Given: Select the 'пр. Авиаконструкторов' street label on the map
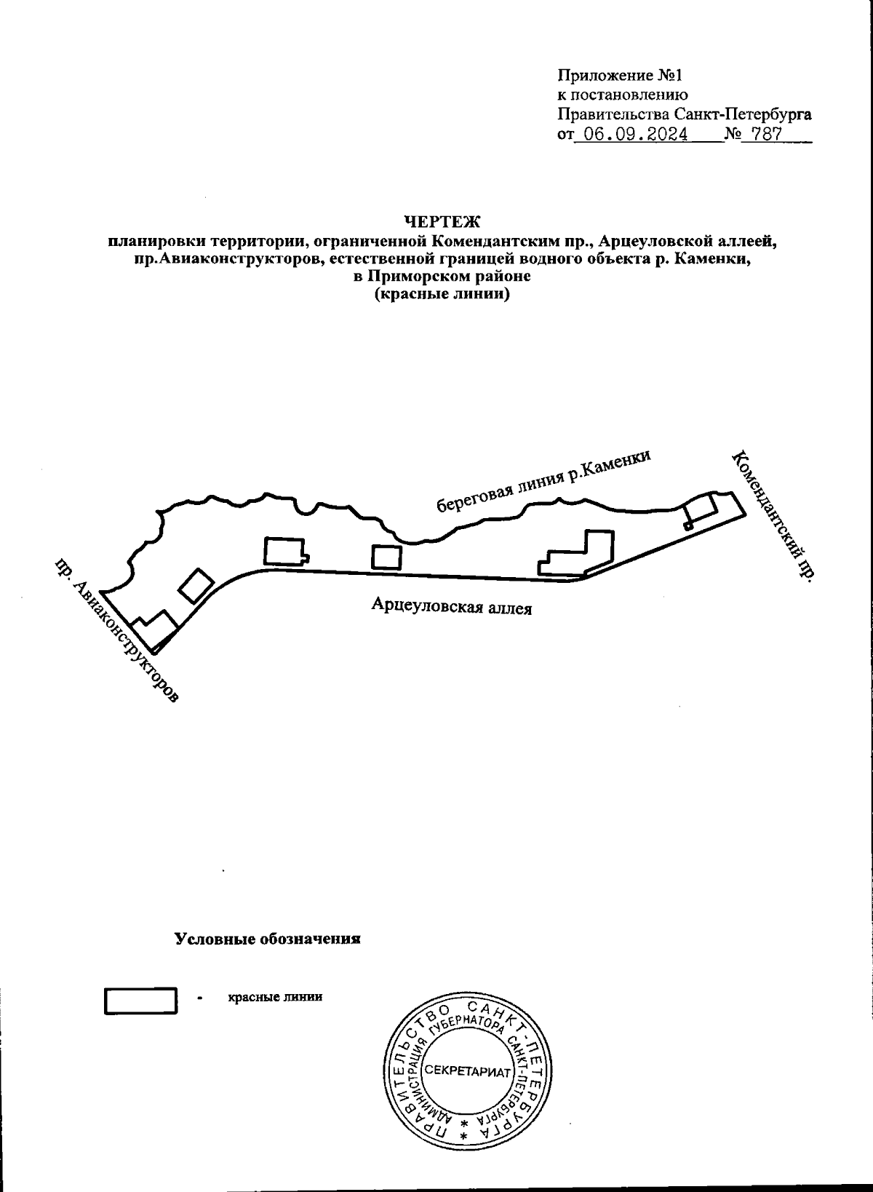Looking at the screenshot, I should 116,631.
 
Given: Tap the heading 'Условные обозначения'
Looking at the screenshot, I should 268,939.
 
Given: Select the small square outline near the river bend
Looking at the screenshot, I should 386,557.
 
